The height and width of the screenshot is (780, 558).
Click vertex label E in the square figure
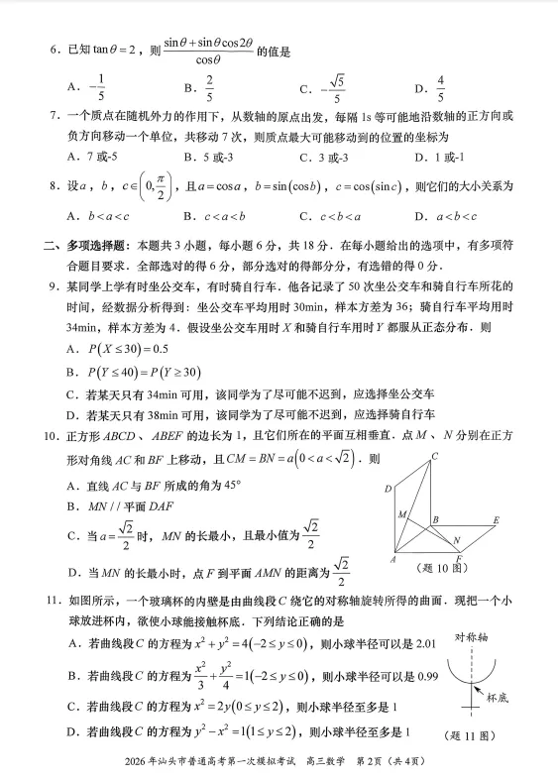pyautogui.click(x=495, y=520)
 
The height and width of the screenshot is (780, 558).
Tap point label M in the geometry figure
pyautogui.click(x=402, y=514)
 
